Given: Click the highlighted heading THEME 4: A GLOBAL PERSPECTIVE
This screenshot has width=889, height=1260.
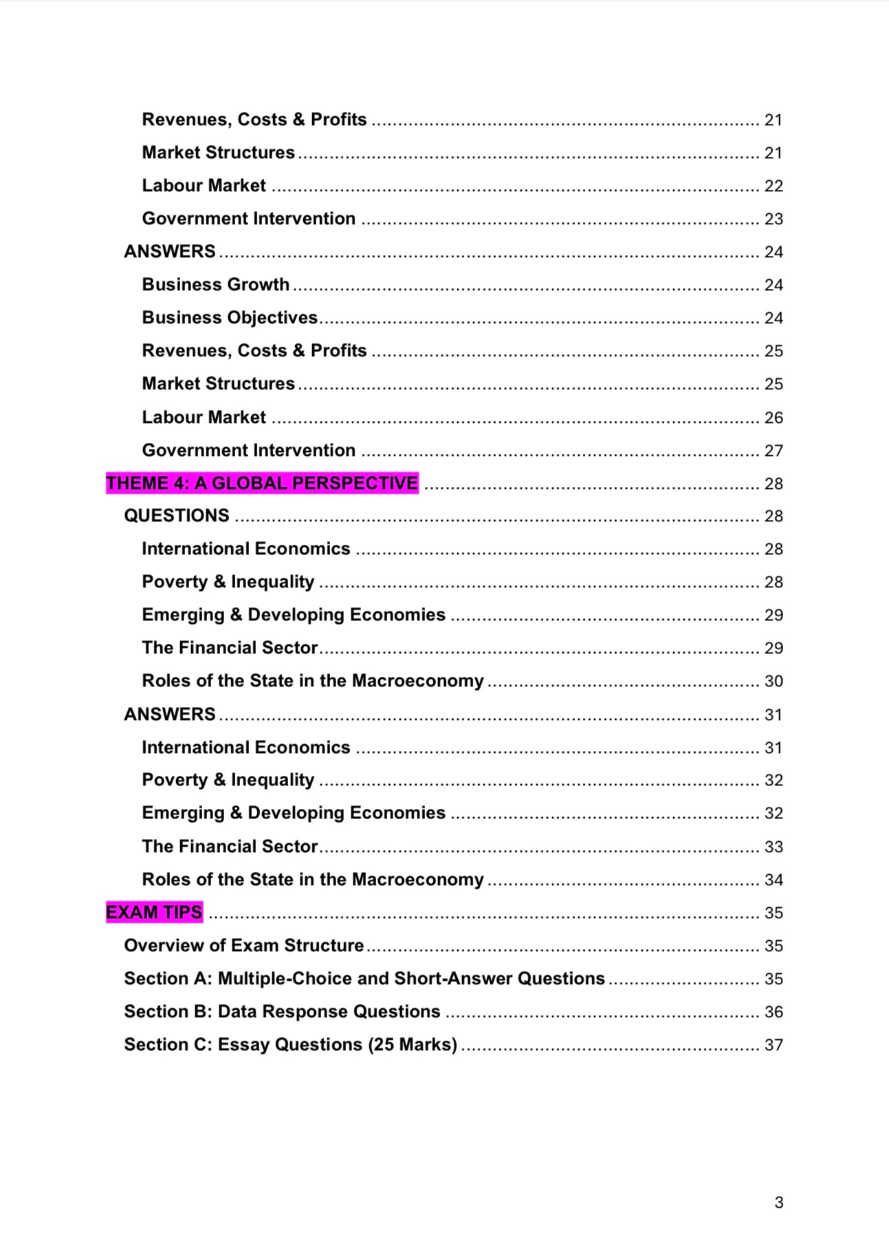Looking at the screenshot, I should (x=262, y=483).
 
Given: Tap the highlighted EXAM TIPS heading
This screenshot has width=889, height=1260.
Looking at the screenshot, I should (x=154, y=912).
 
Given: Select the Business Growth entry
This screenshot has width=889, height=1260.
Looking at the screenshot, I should (x=215, y=285).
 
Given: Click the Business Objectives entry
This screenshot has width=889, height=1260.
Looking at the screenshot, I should (x=230, y=318).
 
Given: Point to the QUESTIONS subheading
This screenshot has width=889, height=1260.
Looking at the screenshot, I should (x=177, y=516).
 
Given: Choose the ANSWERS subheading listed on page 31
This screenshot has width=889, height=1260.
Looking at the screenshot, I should (x=170, y=714).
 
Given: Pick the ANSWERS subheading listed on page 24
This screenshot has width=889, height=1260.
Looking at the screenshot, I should (x=170, y=252).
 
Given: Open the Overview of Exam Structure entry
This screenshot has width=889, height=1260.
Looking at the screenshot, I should (x=243, y=945).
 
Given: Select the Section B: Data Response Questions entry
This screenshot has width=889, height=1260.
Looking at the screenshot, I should (x=282, y=1011).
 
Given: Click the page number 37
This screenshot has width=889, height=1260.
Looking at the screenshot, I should (x=773, y=1045).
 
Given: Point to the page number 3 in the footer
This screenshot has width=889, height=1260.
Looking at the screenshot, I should (x=778, y=1202).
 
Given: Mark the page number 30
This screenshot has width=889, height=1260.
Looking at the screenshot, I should (x=773, y=681).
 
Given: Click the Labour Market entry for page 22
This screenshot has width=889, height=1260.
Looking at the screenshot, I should (x=204, y=186).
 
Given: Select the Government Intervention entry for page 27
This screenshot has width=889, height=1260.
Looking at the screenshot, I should (x=248, y=450).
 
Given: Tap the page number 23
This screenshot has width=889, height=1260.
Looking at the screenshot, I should (x=773, y=219).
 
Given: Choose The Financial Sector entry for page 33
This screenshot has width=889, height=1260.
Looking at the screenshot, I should (x=230, y=846).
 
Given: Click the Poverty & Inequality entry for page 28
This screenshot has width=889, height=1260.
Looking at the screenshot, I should (x=228, y=582).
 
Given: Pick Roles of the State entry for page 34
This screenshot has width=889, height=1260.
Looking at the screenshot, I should (x=312, y=879).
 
